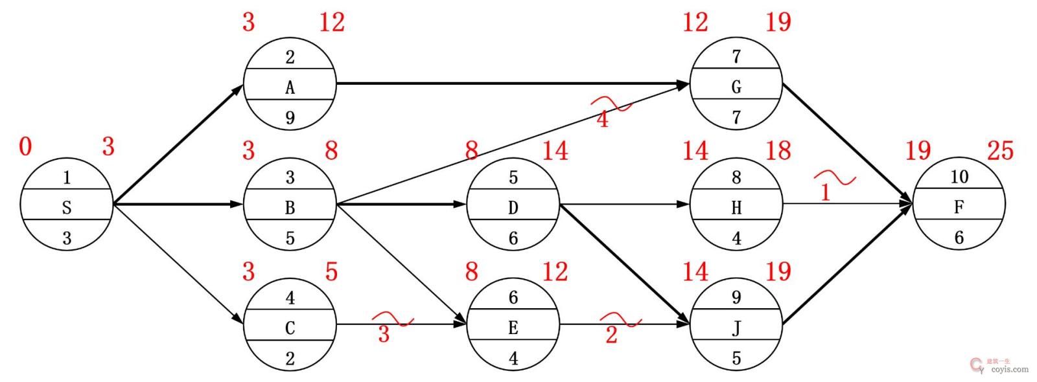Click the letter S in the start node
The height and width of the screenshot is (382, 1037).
[x=66, y=208]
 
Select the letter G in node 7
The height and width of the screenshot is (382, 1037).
[x=736, y=87]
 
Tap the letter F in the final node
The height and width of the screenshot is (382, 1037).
[x=959, y=208]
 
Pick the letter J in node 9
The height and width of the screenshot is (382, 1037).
[x=736, y=328]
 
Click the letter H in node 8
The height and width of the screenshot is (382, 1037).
[x=736, y=208]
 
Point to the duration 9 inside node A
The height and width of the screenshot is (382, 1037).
[x=290, y=118]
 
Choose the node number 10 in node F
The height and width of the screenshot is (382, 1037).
[x=959, y=177]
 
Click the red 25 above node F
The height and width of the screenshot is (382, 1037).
[x=999, y=151]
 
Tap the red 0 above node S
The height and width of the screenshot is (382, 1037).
[x=25, y=147]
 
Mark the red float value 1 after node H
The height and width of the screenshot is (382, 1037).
[x=825, y=193]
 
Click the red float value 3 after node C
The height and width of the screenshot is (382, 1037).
[x=384, y=334]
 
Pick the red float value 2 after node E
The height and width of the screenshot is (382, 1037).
[x=611, y=335]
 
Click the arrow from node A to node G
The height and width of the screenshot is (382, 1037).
[x=512, y=84]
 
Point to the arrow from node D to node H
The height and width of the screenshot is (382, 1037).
[x=622, y=204]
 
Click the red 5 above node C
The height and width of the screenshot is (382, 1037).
[x=331, y=272]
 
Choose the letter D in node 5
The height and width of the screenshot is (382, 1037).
[x=513, y=208]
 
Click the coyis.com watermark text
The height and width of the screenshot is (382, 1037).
[x=1009, y=370]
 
